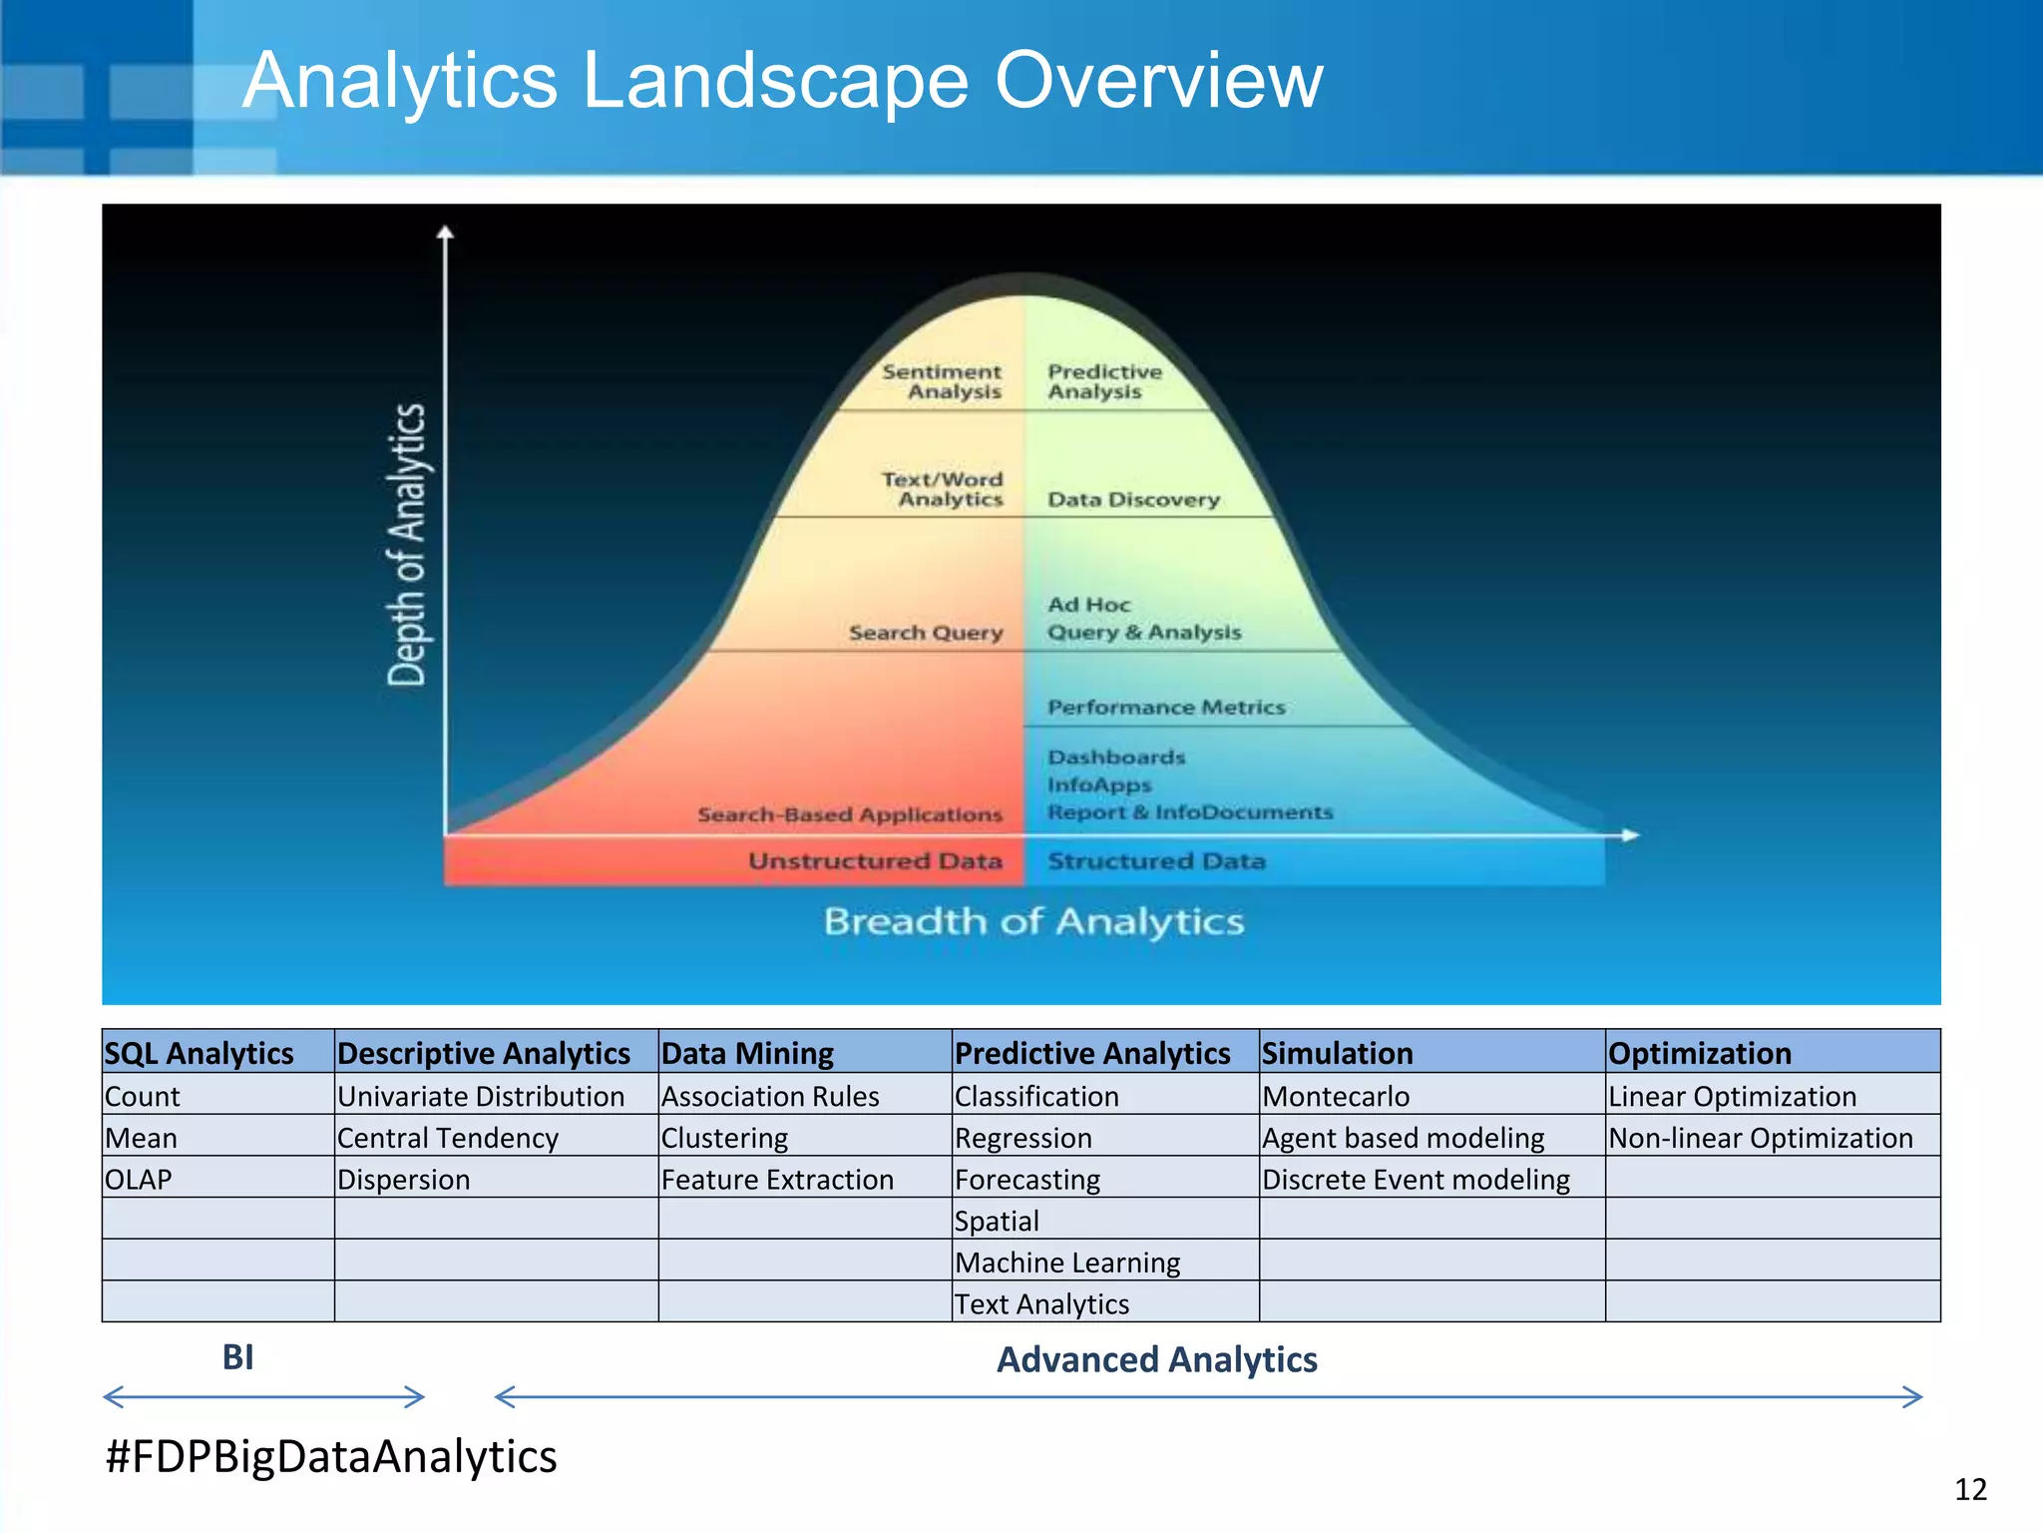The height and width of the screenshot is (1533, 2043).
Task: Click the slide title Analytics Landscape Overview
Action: point(782,80)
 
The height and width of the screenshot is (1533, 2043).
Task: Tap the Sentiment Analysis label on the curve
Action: point(942,381)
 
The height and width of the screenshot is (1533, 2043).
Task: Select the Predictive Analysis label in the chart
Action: point(1104,381)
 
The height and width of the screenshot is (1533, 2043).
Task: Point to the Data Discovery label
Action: point(1133,499)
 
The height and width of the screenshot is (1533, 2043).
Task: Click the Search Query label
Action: point(926,633)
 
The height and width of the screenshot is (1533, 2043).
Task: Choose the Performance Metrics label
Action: point(1166,708)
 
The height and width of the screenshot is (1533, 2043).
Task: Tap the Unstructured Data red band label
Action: point(875,861)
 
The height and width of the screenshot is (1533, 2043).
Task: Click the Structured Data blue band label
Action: point(1156,861)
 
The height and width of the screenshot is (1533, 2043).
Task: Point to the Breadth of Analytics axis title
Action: point(1033,921)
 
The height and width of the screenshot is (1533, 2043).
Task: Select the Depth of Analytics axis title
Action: point(407,545)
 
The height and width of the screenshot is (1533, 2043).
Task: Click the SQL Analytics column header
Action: point(200,1053)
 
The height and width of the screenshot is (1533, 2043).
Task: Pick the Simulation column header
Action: point(1337,1053)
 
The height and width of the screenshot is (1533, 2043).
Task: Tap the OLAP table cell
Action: point(139,1179)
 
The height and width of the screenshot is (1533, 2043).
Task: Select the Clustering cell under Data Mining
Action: point(724,1138)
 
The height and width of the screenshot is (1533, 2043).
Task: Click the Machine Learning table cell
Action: point(1067,1263)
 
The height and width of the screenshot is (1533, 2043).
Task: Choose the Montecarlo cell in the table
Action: point(1336,1096)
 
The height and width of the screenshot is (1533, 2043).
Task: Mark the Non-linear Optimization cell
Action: point(1761,1138)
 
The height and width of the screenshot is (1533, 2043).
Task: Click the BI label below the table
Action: point(238,1357)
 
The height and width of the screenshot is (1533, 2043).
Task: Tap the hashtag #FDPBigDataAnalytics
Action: point(331,1456)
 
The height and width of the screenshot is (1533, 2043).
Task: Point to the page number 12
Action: point(1970,1489)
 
